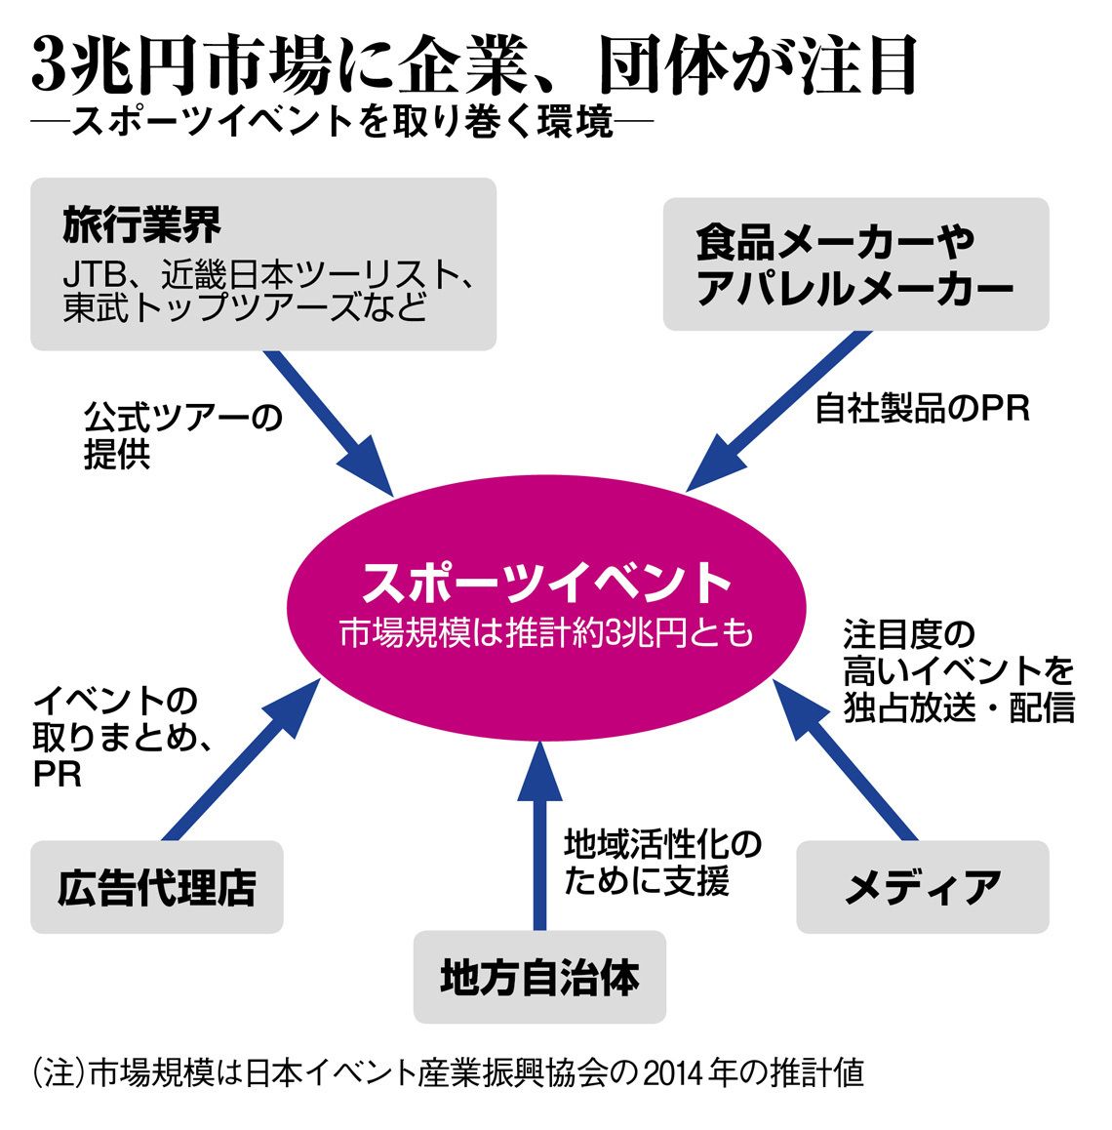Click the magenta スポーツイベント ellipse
(x=546, y=608)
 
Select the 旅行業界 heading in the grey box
(x=141, y=224)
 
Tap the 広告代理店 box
(x=157, y=886)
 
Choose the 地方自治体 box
(x=539, y=977)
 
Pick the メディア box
(x=923, y=886)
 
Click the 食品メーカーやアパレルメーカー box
(x=855, y=264)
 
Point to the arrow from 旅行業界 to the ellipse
(x=329, y=424)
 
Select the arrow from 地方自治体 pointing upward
(x=539, y=836)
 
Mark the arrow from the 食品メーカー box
(x=778, y=412)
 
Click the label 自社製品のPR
(x=923, y=409)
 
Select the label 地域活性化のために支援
(x=662, y=863)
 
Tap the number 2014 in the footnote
(x=673, y=1073)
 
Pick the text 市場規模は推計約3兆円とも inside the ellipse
(x=546, y=632)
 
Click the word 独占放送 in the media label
(x=910, y=706)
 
